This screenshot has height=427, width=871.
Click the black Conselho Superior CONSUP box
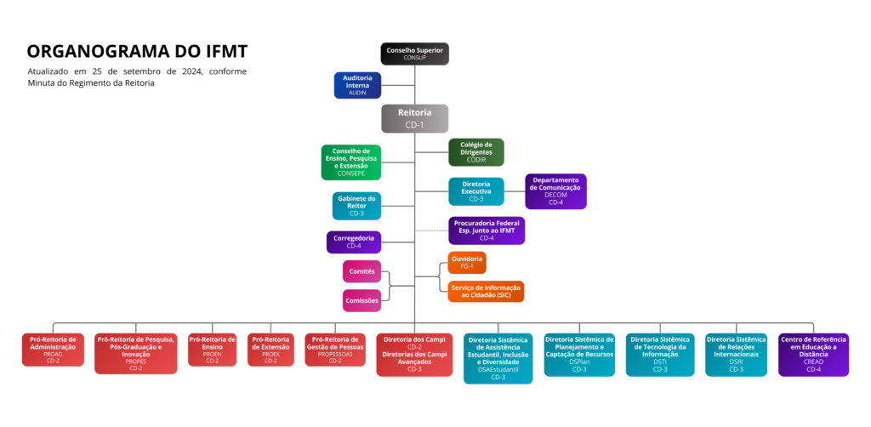[x=414, y=54]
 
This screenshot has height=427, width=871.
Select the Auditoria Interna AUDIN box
[x=357, y=85]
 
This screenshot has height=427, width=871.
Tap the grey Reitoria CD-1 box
[x=414, y=118]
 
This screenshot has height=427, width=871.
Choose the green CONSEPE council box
[x=350, y=162]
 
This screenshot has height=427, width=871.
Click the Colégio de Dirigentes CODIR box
[x=475, y=152]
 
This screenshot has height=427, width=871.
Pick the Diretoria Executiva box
[x=475, y=191]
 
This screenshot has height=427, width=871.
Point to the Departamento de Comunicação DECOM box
[x=555, y=191]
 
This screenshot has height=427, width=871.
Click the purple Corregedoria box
[x=354, y=242]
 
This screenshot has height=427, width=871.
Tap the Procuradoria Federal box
[x=487, y=231]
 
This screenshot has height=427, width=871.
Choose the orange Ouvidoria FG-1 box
[x=467, y=262]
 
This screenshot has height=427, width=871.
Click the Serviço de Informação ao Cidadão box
[x=486, y=291]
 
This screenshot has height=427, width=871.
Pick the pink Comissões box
[x=361, y=300]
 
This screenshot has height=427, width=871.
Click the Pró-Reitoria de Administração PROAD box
[x=53, y=350]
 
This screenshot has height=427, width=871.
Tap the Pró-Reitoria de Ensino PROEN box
[x=212, y=350]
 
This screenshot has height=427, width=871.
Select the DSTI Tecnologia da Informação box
[x=660, y=354]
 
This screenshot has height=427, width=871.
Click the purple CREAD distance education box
[x=813, y=354]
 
